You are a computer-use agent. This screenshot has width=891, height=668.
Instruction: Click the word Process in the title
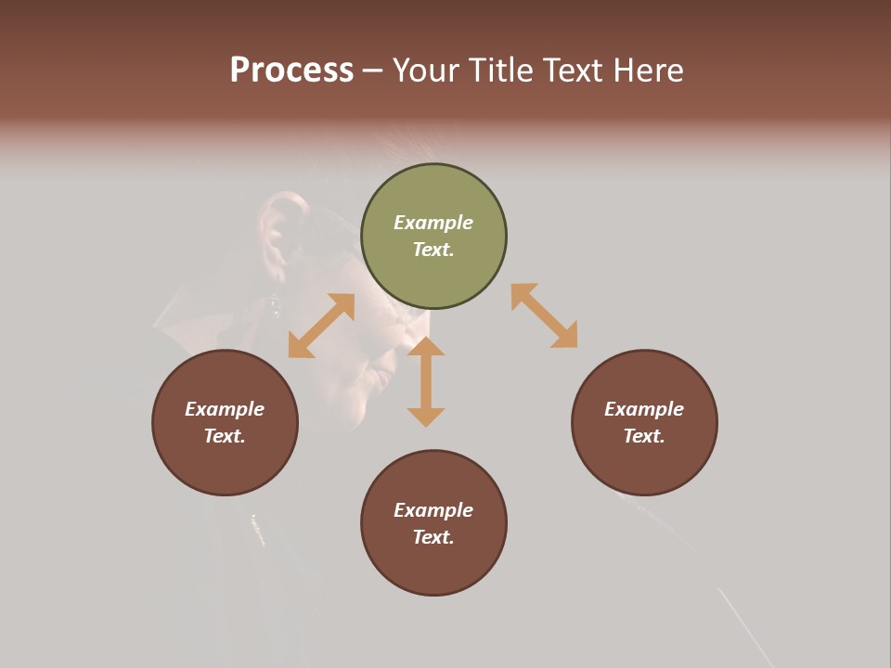tap(291, 71)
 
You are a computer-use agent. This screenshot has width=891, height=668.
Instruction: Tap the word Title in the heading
tap(501, 71)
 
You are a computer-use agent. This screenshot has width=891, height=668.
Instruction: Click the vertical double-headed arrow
tap(426, 381)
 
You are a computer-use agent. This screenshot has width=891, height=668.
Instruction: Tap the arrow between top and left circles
tap(321, 326)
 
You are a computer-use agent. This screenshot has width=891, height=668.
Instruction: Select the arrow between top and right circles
tap(544, 315)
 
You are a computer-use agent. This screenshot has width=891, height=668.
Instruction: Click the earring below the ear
tap(274, 302)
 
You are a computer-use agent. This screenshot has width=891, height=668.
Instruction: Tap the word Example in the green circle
tap(433, 223)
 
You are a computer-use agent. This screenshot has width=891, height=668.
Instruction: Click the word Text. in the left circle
tap(225, 436)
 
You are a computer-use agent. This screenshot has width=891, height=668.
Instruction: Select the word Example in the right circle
tap(644, 409)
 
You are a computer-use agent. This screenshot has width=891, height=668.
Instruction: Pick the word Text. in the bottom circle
tap(433, 537)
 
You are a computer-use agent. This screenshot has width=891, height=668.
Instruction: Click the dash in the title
tap(373, 71)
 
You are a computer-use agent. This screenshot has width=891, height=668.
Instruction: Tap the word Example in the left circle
tap(225, 409)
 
